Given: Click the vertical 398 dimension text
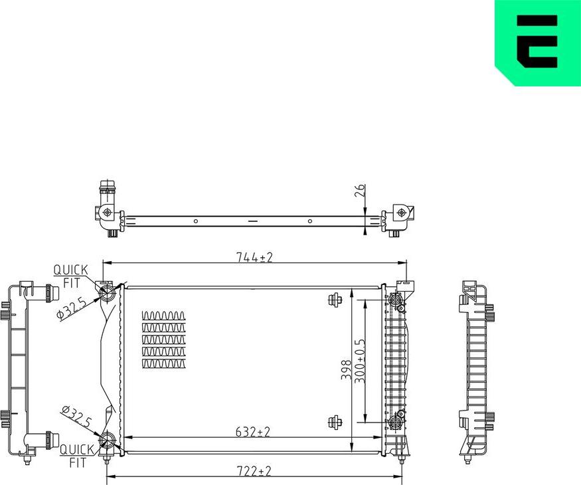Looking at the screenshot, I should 345,369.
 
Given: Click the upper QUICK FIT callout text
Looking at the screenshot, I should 71,276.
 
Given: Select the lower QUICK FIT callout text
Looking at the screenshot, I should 74,455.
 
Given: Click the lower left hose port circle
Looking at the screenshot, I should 106,440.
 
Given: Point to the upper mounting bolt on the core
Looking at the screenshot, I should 335,299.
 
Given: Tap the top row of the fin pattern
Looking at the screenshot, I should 164,315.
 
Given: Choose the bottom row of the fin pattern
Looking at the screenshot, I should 164,363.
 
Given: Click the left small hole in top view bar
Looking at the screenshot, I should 195,221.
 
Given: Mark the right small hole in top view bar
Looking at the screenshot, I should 310,221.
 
